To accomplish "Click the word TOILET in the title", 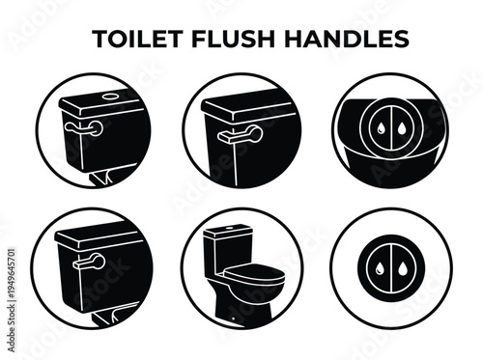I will pos(135,39).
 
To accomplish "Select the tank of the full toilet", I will pos(232,249).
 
